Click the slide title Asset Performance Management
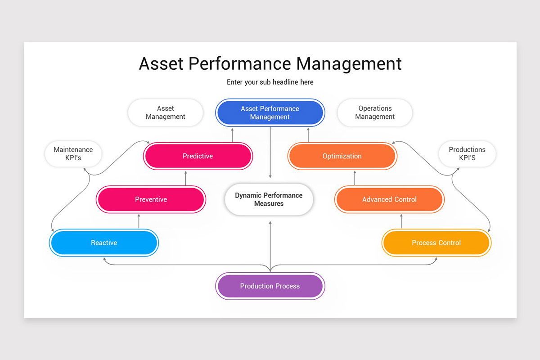[270, 63]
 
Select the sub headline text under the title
[270, 82]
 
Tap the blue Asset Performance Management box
[270, 112]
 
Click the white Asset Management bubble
[166, 112]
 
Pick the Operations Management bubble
[375, 112]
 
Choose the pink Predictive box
[198, 156]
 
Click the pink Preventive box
[151, 199]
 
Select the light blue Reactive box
[104, 243]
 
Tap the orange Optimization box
[342, 156]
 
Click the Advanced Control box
[389, 199]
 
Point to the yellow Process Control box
[436, 243]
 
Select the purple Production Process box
[270, 286]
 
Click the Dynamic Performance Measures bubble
[269, 199]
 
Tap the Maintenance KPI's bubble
[73, 154]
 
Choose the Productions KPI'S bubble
[467, 154]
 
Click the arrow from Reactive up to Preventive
[139, 221]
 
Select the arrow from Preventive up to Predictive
[186, 178]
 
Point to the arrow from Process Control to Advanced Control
[401, 221]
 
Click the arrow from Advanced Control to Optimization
[355, 178]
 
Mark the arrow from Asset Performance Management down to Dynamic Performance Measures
[270, 153]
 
